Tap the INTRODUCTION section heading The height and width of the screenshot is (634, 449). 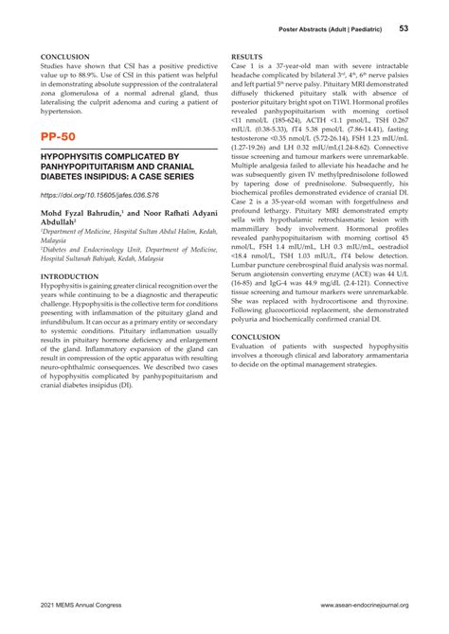point(75,276)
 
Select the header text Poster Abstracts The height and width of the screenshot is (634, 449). point(306,29)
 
